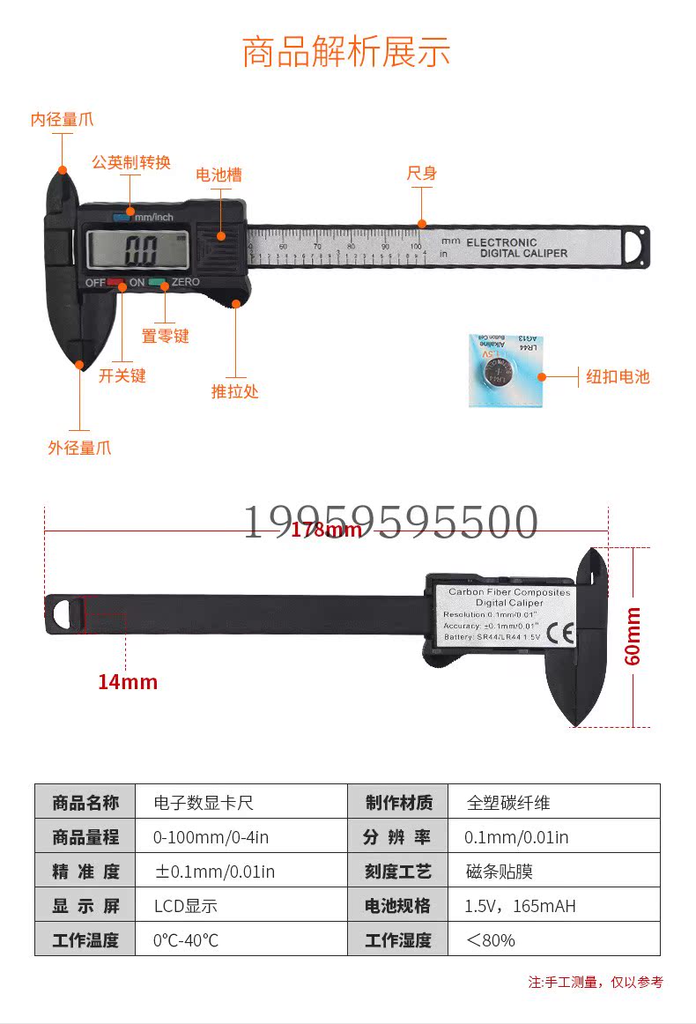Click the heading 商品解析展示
click(x=346, y=52)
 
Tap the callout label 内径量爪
click(x=62, y=119)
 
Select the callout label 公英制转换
click(x=131, y=162)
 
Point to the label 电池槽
click(x=218, y=174)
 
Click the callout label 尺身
click(x=421, y=173)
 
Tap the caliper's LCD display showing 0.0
click(x=137, y=250)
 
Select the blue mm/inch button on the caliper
click(x=121, y=216)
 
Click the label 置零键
click(x=165, y=336)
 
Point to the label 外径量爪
click(x=79, y=448)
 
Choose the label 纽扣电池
click(x=618, y=376)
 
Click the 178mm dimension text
click(x=326, y=529)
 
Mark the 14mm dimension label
click(x=127, y=681)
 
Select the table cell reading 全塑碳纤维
click(x=508, y=803)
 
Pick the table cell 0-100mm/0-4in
click(x=211, y=837)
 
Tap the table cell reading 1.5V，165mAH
click(x=520, y=906)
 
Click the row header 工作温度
click(x=85, y=940)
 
